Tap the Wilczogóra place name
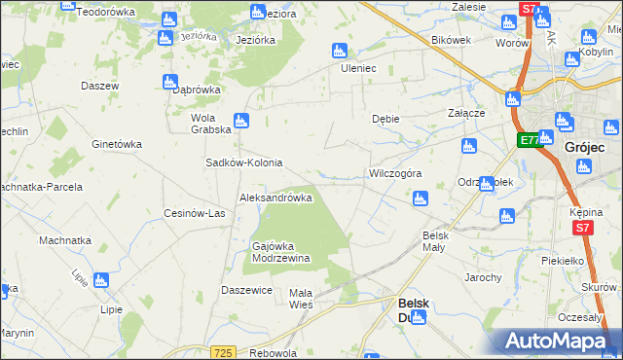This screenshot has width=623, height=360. (394, 173)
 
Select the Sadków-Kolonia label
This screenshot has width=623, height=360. (243, 162)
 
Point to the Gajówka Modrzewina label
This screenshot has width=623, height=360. (280, 252)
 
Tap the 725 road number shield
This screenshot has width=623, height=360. (223, 351)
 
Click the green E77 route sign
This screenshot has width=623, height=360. (529, 141)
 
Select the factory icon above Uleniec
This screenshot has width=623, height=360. (340, 51)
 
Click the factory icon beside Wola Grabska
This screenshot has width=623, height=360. (241, 122)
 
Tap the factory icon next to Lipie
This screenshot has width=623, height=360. (102, 281)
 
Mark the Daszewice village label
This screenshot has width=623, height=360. (246, 290)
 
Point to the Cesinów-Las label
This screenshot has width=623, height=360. (195, 214)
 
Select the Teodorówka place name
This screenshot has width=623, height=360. (104, 13)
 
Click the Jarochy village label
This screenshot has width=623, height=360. (482, 278)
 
